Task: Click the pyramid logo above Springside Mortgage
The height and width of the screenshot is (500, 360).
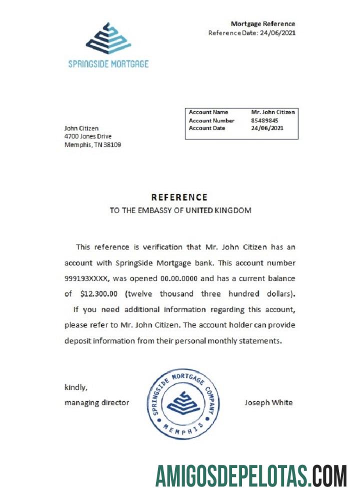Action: coord(108,38)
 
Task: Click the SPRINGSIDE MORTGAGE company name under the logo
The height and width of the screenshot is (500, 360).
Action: coord(108,64)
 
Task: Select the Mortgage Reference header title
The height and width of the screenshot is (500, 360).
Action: coord(262,23)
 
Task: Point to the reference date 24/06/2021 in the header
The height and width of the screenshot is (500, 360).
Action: coord(277,33)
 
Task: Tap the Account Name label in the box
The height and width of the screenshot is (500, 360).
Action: coord(208,112)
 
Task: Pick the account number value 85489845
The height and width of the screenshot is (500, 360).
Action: coord(265,120)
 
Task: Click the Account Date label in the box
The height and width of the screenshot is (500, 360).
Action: coord(207,128)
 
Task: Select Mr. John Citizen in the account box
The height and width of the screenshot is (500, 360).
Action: coord(273,112)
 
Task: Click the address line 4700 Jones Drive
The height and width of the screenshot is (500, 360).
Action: coord(88,136)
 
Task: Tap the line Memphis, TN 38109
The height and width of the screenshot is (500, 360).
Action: coord(92,145)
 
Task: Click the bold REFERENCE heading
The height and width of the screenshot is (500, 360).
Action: coord(179,197)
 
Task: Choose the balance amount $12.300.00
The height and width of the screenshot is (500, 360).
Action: coord(100,293)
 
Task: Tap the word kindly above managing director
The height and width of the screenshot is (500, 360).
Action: coord(76,387)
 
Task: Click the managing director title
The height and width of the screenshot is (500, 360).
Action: coord(96,402)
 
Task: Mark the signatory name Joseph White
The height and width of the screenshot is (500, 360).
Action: coord(268,402)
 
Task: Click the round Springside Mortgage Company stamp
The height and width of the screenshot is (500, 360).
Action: coord(184,404)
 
